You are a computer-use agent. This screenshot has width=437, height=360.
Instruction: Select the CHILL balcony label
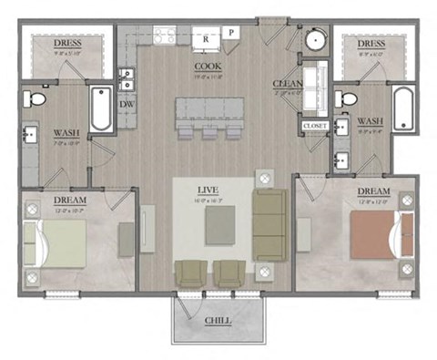coord(218,322)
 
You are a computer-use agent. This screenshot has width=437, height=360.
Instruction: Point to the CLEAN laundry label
coord(284,85)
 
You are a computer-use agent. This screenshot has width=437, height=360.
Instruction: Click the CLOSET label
coord(314,126)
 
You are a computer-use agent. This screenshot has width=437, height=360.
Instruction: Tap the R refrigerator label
coord(207,39)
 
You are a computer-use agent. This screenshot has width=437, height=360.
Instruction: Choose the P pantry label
coord(231,33)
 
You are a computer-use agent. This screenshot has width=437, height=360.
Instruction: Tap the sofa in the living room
coord(269,223)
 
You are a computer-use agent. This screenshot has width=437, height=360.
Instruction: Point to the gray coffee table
coord(218,225)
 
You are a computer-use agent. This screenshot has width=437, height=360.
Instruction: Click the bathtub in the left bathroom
coord(100,108)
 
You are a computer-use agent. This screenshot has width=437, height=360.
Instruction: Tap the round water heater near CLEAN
coord(316,40)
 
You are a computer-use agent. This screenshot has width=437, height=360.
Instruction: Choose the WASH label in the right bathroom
coord(369,120)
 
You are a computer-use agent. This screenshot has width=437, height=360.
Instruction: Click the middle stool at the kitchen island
coord(211,134)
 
